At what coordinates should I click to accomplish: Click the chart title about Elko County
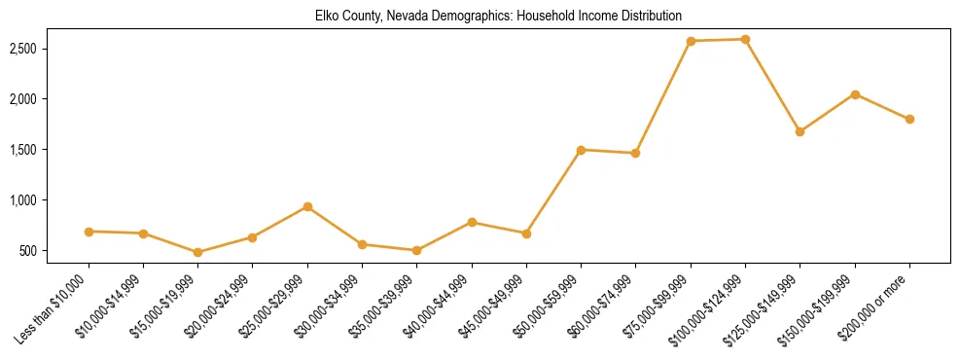[499, 17]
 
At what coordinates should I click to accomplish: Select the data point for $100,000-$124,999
[745, 39]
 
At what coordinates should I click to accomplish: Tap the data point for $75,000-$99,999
[691, 41]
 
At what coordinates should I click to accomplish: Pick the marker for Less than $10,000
[89, 232]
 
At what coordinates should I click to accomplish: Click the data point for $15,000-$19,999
[198, 252]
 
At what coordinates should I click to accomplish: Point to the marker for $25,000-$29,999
[307, 206]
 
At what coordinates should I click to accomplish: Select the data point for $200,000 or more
[909, 119]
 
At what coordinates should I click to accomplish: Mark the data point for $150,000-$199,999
[855, 94]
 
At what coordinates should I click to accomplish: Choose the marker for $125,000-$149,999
[800, 131]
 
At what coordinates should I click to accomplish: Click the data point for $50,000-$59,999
[581, 150]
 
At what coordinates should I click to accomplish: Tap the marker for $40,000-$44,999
[472, 222]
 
